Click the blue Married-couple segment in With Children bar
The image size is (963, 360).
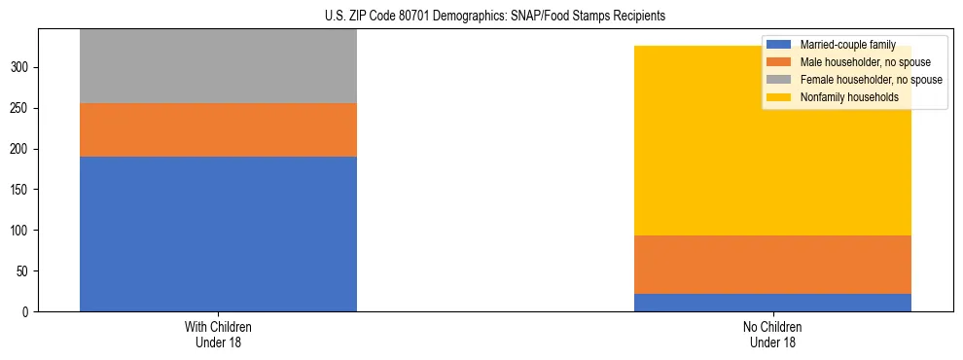point(218,234)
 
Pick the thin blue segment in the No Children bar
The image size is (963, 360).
point(772,303)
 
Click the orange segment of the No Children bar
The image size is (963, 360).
point(772,265)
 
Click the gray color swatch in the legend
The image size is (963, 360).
point(779,80)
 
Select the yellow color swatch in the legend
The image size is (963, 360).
point(779,97)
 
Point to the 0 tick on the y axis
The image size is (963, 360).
point(28,312)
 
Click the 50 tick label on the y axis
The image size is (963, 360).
point(25,271)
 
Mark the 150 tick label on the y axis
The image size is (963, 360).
point(22,190)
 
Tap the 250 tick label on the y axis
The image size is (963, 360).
point(22,108)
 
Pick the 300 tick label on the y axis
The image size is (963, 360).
point(22,67)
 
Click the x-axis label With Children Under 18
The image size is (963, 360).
point(218,335)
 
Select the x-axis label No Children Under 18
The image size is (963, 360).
point(772,335)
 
